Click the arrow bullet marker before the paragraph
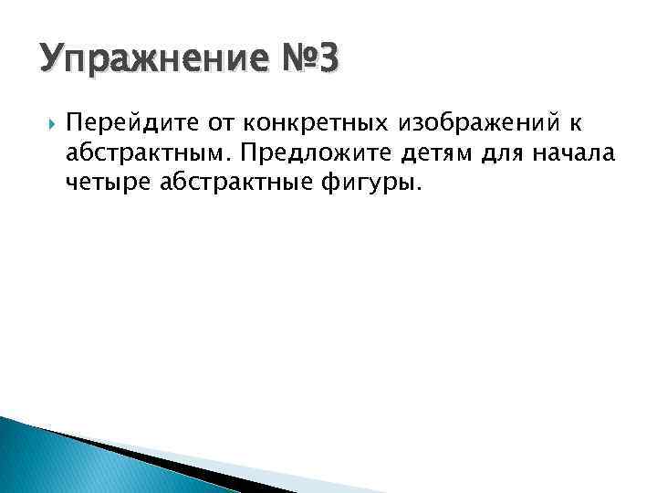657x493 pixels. pos(47,121)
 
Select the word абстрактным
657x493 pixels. pos(148,151)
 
